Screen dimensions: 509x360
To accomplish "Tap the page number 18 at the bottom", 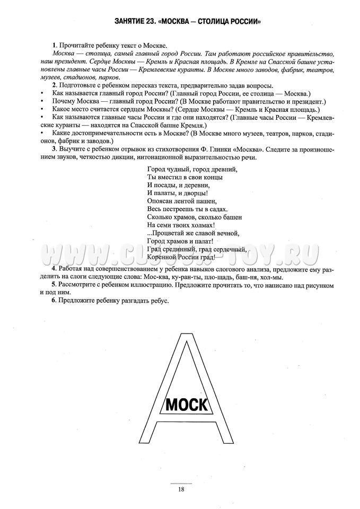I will click(181, 489).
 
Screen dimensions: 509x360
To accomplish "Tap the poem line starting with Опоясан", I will click(181, 201).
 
